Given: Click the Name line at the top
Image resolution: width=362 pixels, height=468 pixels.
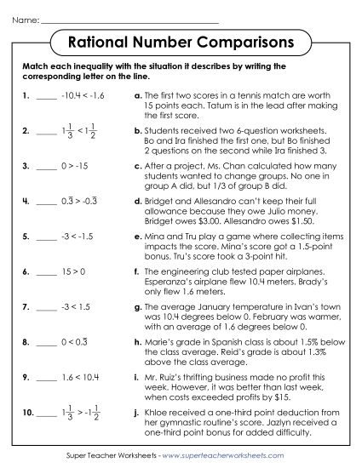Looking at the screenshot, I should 128,18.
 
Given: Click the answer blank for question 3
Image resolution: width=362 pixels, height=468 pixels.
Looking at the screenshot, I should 45,168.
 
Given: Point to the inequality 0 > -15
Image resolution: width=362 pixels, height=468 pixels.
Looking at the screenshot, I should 76,165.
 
